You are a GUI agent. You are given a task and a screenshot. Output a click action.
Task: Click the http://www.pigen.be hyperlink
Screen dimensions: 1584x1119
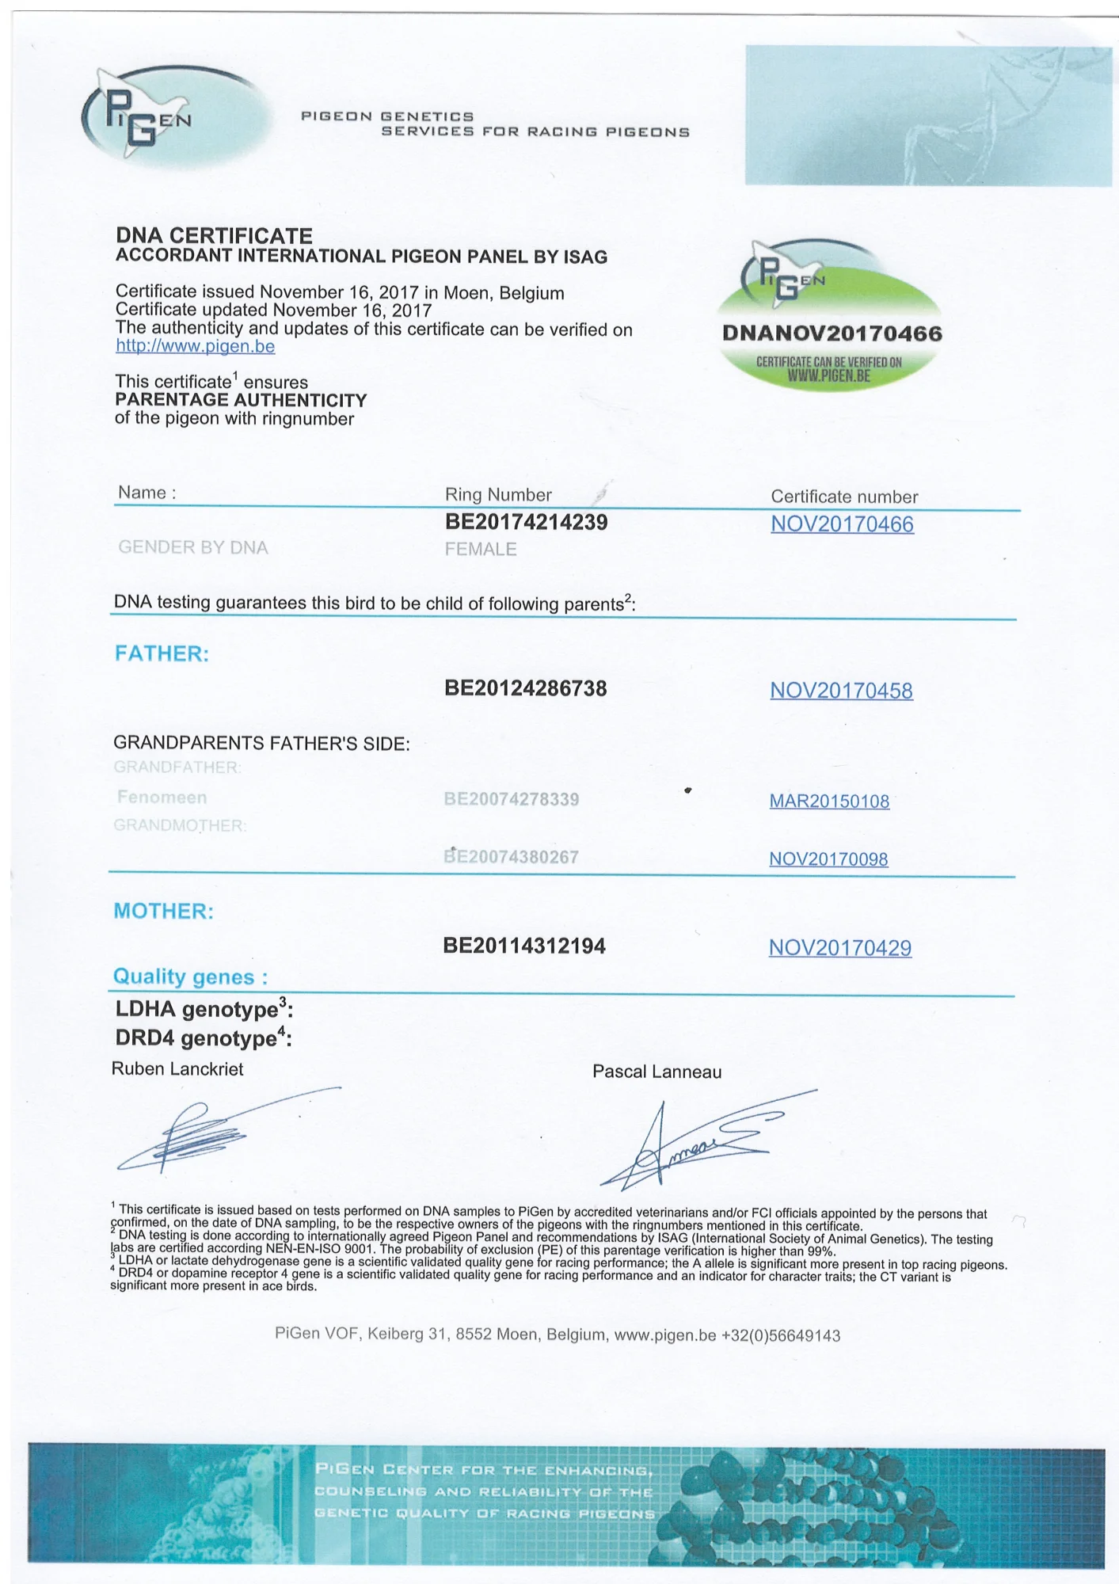point(196,346)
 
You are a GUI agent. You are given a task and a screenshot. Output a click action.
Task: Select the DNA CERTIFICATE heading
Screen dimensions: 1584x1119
point(214,235)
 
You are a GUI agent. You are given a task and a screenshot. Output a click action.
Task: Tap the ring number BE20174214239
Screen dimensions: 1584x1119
point(526,522)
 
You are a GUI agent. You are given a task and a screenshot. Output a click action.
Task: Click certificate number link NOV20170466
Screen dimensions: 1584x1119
point(842,524)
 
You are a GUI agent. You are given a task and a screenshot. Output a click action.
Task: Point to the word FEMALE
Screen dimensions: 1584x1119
point(480,549)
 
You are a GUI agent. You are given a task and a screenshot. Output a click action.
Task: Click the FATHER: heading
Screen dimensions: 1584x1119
point(162,653)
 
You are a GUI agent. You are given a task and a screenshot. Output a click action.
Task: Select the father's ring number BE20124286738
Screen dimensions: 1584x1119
point(525,688)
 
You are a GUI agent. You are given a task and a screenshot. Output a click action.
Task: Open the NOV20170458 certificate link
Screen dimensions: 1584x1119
point(841,691)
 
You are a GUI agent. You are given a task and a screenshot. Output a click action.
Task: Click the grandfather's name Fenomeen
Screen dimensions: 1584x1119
point(162,797)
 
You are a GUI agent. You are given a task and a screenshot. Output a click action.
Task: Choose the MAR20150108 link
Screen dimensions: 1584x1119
point(829,802)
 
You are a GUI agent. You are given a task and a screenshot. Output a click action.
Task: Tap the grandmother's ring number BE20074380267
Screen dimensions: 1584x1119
point(511,857)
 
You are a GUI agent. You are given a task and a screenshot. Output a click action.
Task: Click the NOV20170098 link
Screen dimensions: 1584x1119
point(828,859)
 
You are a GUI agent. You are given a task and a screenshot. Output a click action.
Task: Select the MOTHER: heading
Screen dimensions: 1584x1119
point(163,911)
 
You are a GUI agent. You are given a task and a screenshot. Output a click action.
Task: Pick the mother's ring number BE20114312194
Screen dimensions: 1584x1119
point(524,946)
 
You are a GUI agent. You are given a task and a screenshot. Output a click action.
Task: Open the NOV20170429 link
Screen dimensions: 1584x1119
point(840,948)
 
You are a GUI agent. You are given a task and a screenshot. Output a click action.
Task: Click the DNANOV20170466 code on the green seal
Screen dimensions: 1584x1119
point(832,333)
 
